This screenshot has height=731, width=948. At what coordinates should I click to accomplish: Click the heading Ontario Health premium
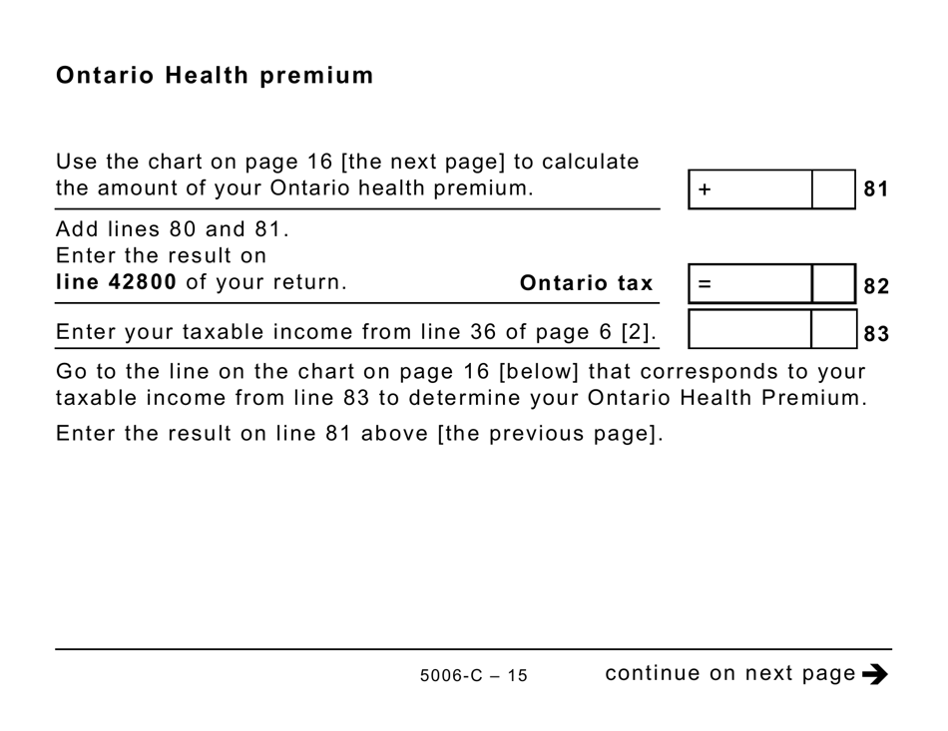coord(215,76)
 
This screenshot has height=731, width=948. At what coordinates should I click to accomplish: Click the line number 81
coord(875,189)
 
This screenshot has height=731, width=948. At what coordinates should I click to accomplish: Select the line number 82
coord(875,286)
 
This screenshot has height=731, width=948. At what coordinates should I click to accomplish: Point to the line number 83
coord(875,333)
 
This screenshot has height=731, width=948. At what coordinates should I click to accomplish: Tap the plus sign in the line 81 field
coord(705,189)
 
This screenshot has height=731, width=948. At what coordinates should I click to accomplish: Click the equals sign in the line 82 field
coord(705,284)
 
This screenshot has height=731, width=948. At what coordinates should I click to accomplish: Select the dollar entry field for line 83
coord(749,330)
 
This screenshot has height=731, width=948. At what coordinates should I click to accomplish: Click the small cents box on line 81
coord(833,189)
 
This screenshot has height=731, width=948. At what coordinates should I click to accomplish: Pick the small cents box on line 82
coord(833,284)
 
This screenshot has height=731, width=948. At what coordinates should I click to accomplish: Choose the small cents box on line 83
coord(833,330)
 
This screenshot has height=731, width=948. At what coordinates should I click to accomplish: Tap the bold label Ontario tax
coord(586,283)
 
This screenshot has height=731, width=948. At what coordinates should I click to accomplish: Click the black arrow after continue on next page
coord(875,675)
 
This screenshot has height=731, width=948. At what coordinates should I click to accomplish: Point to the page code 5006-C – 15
coord(473,676)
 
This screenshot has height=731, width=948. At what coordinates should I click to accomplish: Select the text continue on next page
coord(730,673)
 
